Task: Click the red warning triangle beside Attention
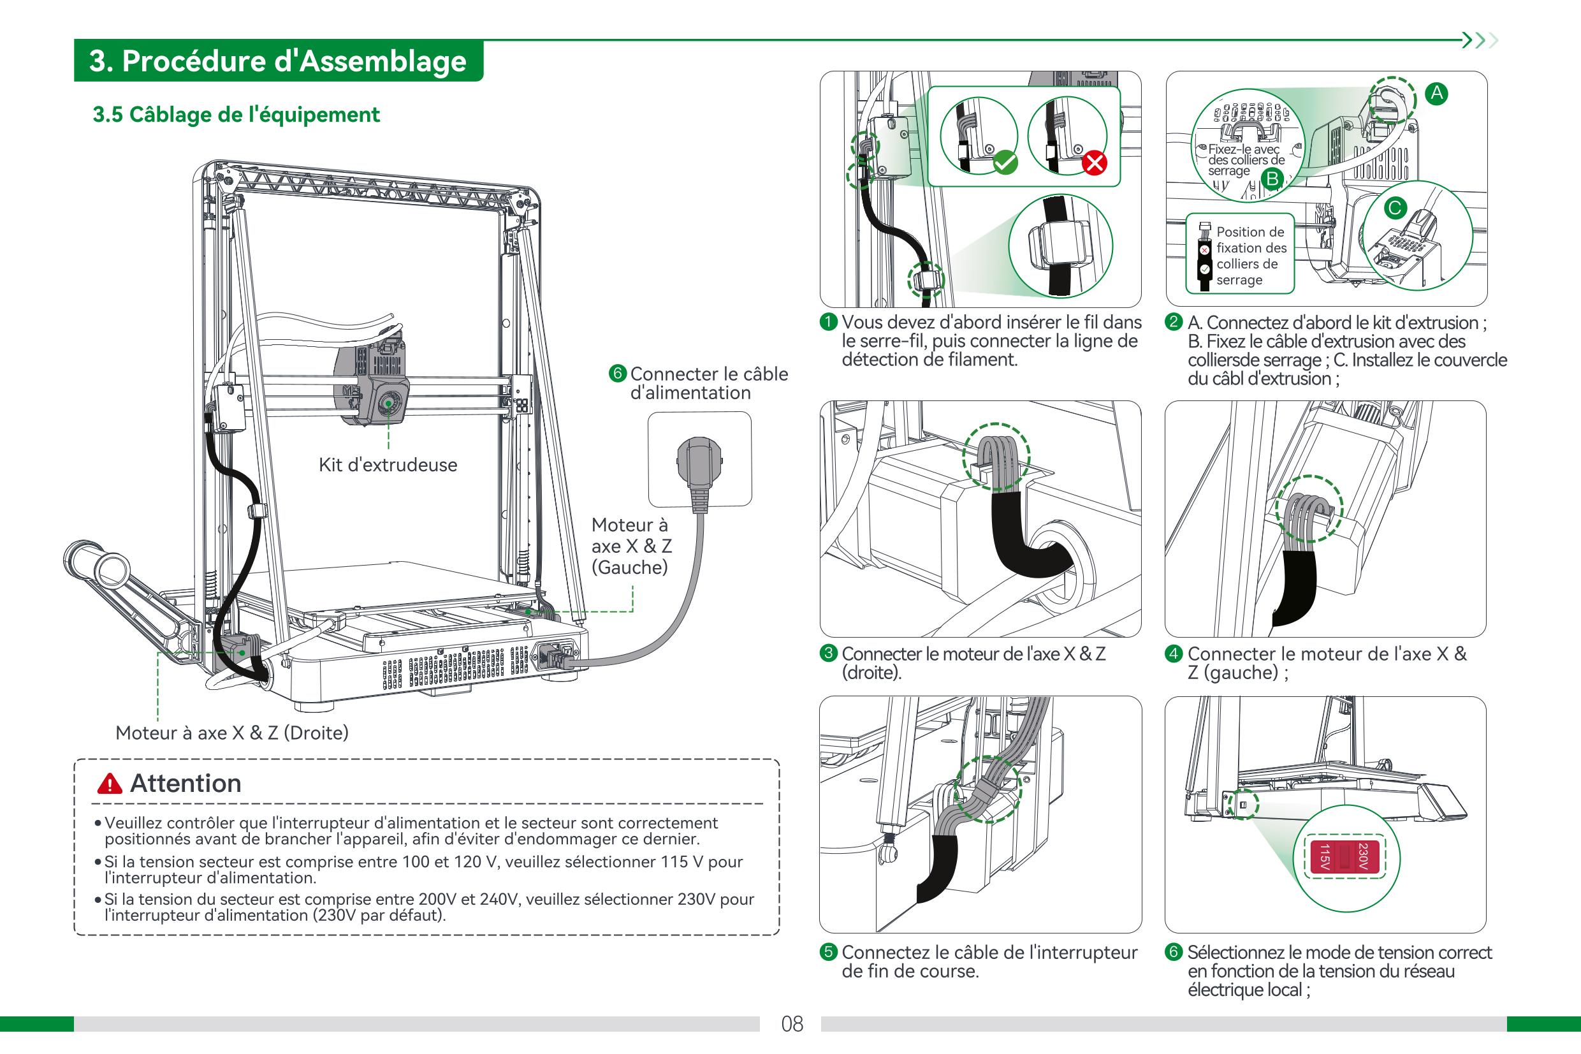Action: pos(110,784)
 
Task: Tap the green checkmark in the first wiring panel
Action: pos(1005,163)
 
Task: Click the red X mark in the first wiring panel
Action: pos(1095,163)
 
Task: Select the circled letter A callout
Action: pos(1436,94)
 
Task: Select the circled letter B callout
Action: pos(1272,179)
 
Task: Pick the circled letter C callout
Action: pos(1394,208)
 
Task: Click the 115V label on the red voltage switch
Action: pos(1323,857)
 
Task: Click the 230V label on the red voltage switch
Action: pos(1362,857)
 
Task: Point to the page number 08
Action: pos(792,1024)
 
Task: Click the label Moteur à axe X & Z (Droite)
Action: pos(232,733)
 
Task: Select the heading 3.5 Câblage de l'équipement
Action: pos(236,115)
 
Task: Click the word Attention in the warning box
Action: pos(186,784)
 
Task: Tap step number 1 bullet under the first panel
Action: pos(829,322)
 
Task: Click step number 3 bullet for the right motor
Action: pos(829,654)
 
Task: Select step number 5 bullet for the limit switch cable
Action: pos(829,952)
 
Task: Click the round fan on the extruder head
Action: pos(388,404)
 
